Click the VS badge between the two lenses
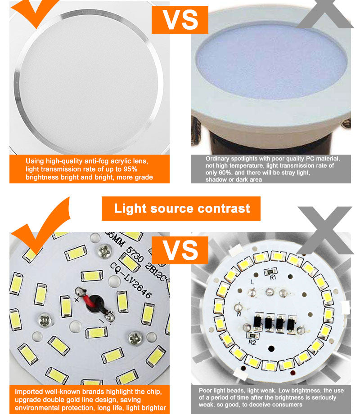tap(180, 19)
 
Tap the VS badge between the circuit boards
tap(180, 250)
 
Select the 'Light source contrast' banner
tap(181, 209)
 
